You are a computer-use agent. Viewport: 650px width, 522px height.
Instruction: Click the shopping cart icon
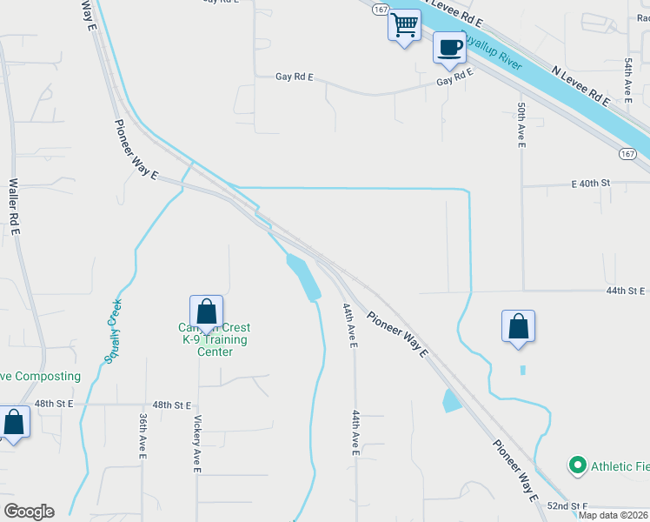[404, 25]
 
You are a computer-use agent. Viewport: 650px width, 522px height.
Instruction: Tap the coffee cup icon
[449, 48]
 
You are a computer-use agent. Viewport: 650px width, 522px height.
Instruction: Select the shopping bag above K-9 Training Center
[206, 311]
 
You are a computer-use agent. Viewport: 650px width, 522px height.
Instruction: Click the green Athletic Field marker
[576, 465]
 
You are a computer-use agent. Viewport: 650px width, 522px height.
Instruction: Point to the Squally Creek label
[112, 331]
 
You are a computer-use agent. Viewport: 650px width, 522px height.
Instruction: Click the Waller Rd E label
[15, 207]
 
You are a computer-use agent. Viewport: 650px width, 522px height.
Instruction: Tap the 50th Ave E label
[521, 124]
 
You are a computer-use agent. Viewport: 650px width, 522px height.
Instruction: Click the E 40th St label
[592, 184]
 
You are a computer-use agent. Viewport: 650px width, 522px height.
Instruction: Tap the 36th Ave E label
[143, 436]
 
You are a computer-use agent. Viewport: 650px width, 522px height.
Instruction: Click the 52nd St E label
[568, 506]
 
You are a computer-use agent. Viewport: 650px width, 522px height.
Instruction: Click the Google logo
[29, 512]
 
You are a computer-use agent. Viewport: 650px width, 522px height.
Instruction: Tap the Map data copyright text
[614, 515]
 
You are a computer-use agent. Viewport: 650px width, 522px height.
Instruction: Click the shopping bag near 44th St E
[518, 327]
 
